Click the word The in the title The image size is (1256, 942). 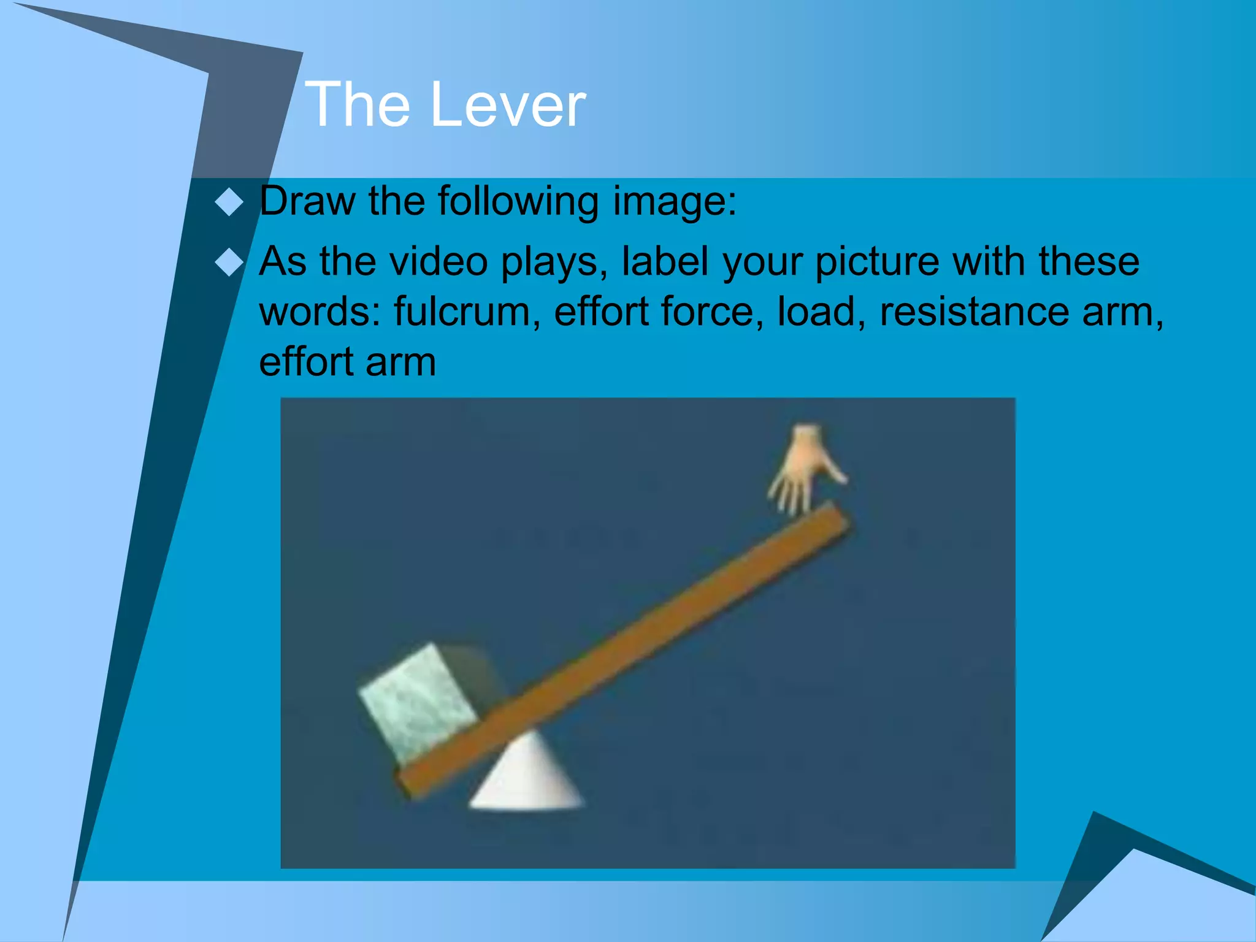(358, 105)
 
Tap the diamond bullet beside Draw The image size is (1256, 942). (229, 202)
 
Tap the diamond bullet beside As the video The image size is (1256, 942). (229, 262)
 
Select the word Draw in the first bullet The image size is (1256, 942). (307, 201)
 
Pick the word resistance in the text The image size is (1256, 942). (975, 311)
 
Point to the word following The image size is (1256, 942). (518, 202)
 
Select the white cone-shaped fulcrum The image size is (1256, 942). (527, 776)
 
